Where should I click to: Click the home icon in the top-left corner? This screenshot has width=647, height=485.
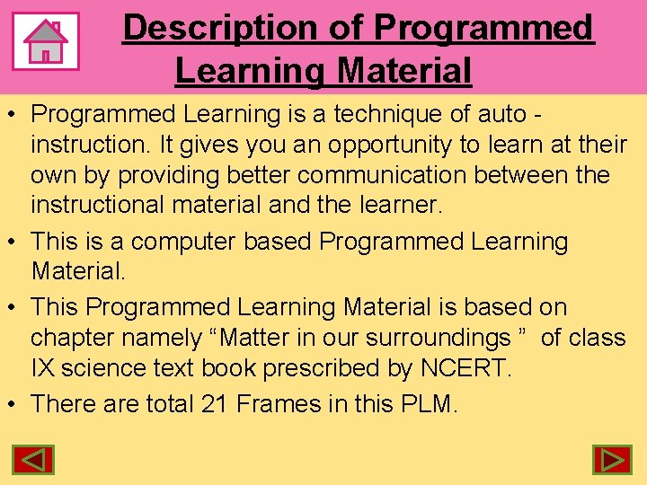(x=46, y=41)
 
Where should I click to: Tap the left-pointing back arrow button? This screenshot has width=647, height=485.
(x=33, y=461)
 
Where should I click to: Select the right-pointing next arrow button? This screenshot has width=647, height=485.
(x=613, y=461)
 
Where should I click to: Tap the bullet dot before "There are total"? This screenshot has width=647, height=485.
(x=13, y=404)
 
